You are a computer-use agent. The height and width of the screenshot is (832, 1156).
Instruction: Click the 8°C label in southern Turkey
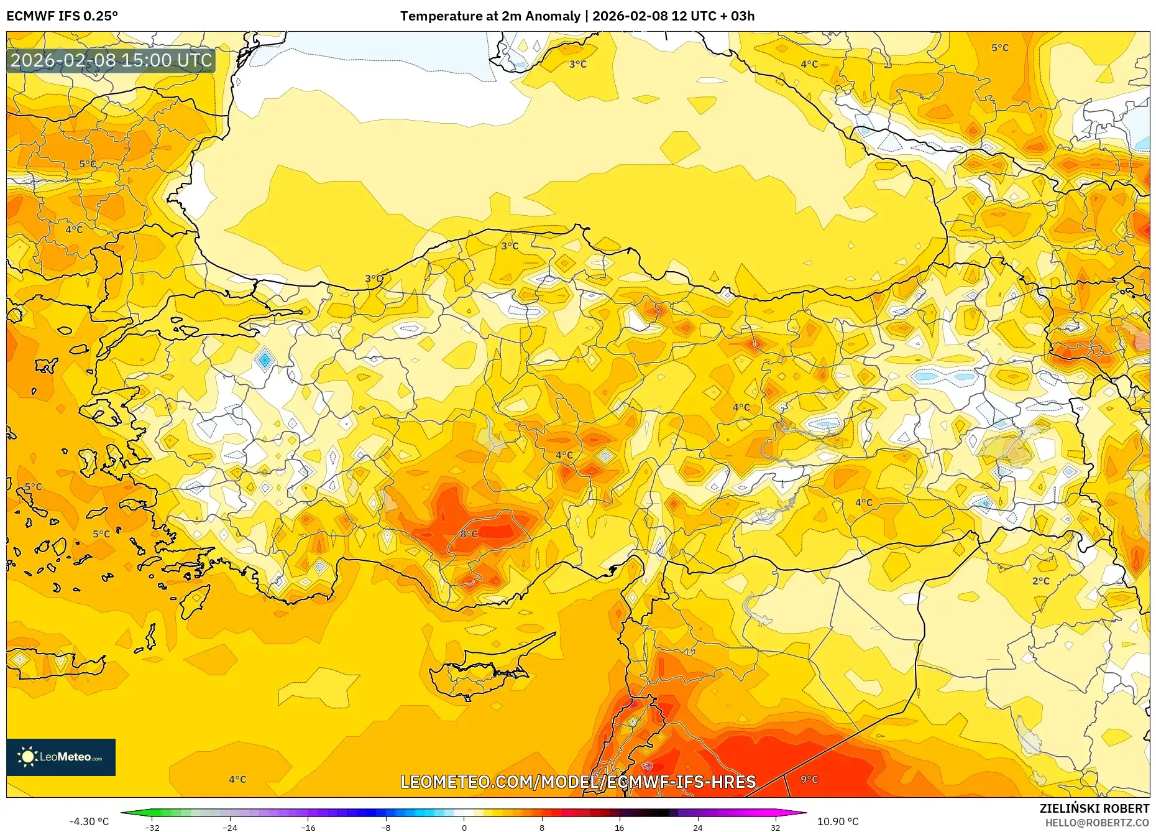(x=469, y=534)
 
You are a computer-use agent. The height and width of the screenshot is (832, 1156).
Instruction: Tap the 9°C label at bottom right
(x=809, y=779)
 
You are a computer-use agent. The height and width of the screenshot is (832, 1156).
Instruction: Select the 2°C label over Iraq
(x=1040, y=581)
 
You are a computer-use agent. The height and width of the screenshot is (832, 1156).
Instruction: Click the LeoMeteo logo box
(x=61, y=757)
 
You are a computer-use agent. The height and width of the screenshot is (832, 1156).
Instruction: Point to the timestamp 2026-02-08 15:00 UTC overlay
(x=111, y=60)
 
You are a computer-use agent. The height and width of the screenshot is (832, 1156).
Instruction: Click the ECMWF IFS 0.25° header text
(x=62, y=16)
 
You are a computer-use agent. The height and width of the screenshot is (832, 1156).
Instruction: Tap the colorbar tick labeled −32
(x=152, y=828)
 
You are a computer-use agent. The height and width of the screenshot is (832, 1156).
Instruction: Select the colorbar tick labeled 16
(x=619, y=828)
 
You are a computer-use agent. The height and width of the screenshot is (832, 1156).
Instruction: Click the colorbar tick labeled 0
(x=464, y=828)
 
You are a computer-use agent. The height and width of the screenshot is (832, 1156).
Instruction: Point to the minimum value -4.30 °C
(x=89, y=821)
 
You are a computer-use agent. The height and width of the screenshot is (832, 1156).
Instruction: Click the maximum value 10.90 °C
(x=838, y=821)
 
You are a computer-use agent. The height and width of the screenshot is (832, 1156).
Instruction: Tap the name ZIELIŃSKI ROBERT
(x=1094, y=808)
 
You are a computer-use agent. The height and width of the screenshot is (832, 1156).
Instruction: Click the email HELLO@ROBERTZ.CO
(x=1097, y=823)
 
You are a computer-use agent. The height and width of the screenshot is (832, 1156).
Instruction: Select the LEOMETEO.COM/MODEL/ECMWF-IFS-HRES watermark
(x=578, y=782)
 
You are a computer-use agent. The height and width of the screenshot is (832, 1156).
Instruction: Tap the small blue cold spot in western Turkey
(x=265, y=359)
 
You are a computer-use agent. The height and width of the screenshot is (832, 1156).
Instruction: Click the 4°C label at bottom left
(x=237, y=779)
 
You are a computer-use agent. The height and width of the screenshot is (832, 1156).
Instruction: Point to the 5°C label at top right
(x=999, y=48)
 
